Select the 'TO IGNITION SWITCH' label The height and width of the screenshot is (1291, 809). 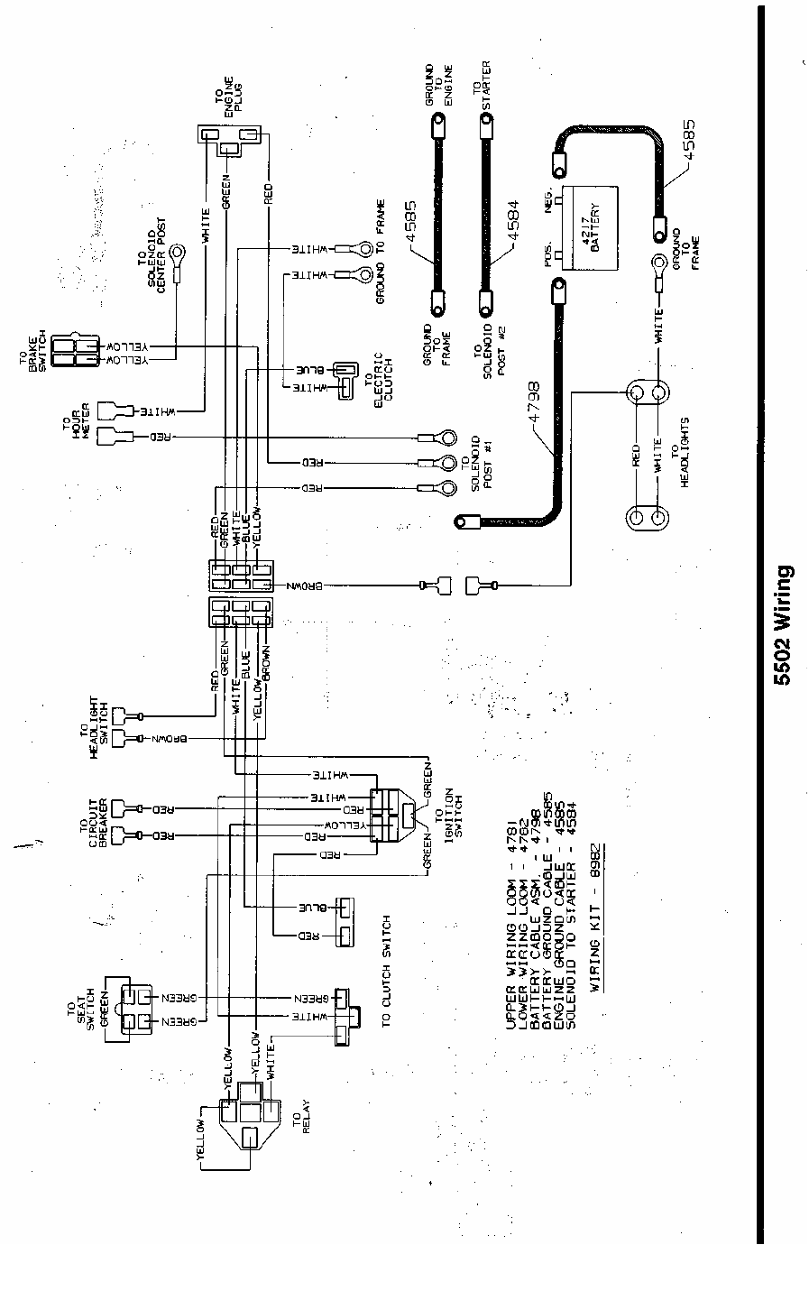450,804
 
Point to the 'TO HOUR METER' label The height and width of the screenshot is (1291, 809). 74,421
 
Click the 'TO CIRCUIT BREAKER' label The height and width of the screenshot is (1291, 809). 93,818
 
